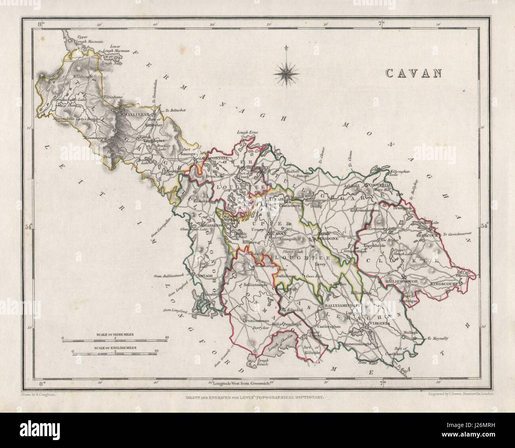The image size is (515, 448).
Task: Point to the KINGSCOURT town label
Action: (x=451, y=284)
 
